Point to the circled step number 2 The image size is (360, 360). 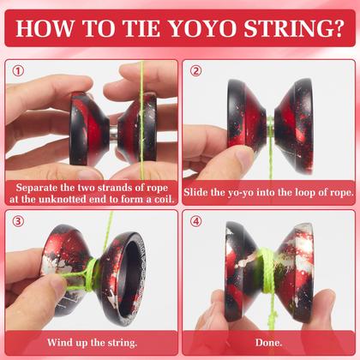click(196, 72)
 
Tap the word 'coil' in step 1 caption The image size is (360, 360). click(160, 199)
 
